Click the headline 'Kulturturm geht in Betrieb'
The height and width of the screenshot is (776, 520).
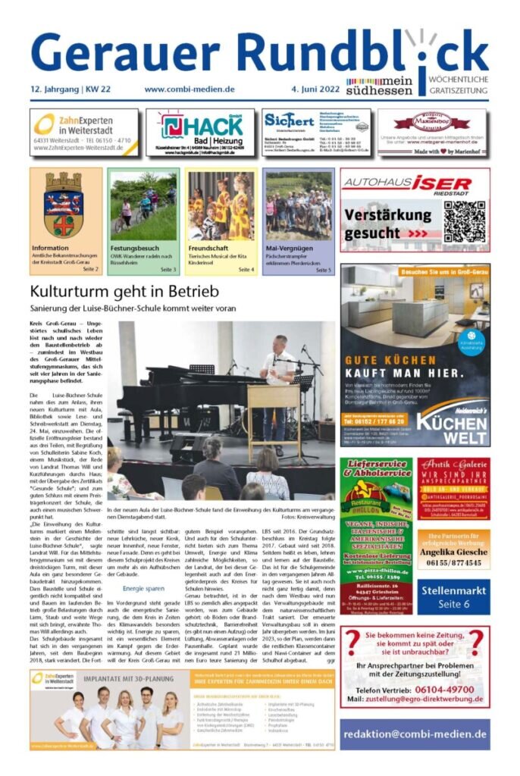[x=124, y=292]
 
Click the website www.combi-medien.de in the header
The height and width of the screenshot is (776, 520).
[x=190, y=89]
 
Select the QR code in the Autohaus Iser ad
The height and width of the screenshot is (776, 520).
[x=464, y=221]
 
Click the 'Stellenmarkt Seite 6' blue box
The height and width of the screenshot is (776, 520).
[x=453, y=597]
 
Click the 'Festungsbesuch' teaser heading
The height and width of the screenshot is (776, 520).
[x=136, y=248]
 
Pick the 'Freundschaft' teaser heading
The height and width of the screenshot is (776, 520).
[x=209, y=248]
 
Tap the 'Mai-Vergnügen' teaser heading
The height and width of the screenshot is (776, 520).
[x=289, y=248]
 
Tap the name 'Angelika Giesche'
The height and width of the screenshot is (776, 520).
[x=453, y=552]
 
